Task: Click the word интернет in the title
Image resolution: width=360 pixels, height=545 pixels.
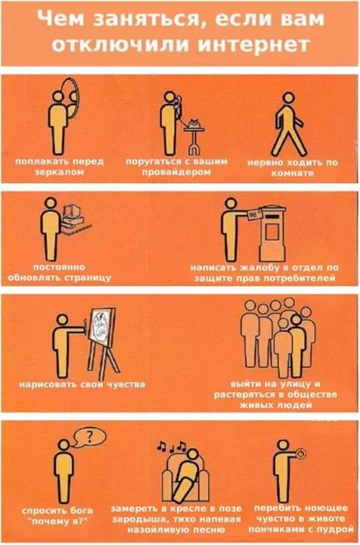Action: pos(254,45)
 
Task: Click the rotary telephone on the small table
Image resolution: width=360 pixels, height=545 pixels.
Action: pos(194,124)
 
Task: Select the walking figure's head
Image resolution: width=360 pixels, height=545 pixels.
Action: pos(289,97)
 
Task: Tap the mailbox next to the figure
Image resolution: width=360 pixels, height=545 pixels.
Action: pos(273,233)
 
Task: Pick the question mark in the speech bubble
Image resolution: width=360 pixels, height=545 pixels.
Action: pos(90,436)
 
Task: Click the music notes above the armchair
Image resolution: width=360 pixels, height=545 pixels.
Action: pos(171,446)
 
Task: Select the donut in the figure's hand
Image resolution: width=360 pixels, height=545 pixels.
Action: pos(301,453)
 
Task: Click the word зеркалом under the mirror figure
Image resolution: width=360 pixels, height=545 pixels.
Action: pos(60,172)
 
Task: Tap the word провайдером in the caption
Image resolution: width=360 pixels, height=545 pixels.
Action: pos(176,172)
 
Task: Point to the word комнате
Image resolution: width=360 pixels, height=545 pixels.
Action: pos(292,173)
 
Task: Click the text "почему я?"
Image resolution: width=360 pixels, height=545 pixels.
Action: pos(58,522)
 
